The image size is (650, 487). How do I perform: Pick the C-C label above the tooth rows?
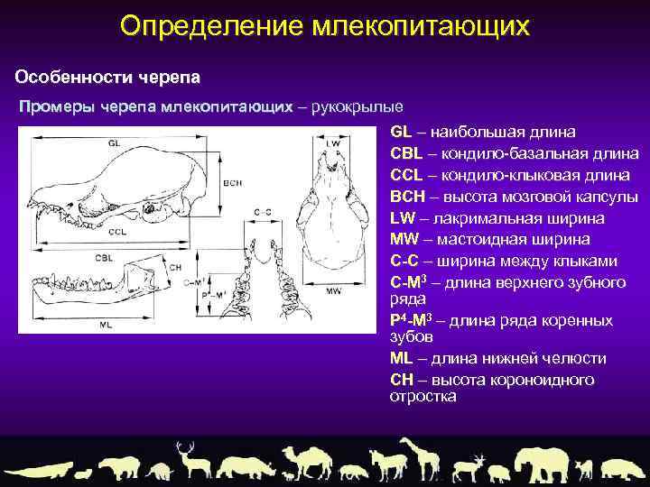tap(262, 213)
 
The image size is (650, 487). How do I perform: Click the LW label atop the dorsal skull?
tap(333, 143)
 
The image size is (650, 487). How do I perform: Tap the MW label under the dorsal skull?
tap(333, 291)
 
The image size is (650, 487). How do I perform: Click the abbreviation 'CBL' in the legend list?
tap(407, 153)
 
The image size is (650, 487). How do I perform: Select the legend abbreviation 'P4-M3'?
tap(412, 320)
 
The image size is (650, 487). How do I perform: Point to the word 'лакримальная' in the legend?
tap(479, 218)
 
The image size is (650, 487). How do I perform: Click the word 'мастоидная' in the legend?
tap(478, 240)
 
